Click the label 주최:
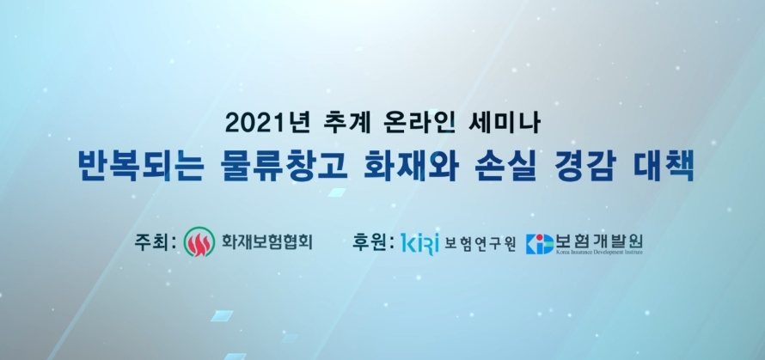tap(155, 240)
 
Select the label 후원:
tap(373, 240)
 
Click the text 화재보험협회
tap(266, 241)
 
